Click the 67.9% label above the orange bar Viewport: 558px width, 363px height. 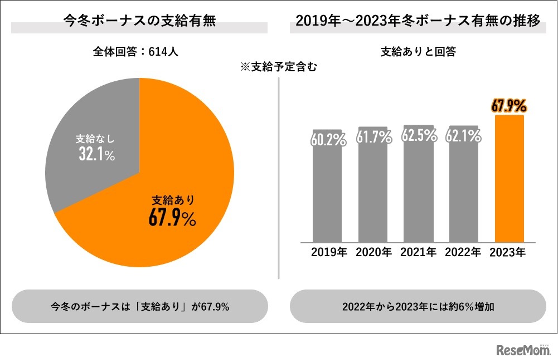click(509, 105)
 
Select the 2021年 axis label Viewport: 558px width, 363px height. click(418, 252)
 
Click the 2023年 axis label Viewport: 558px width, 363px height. click(507, 252)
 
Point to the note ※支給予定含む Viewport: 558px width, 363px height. click(278, 67)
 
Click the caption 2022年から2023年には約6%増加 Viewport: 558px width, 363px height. click(418, 307)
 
